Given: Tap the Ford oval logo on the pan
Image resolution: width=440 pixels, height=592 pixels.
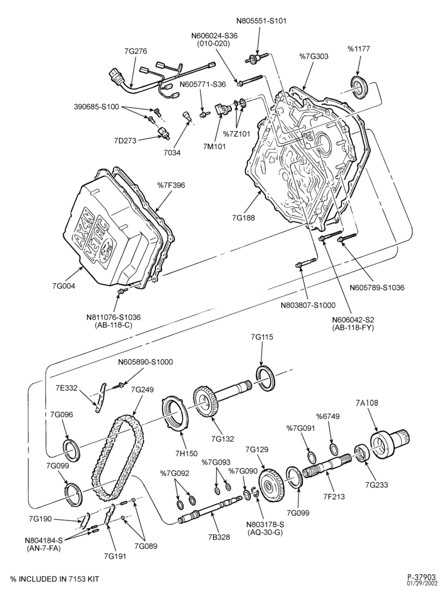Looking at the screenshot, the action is point(108,249).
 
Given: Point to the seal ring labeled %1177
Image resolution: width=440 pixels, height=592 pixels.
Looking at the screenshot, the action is point(360,87).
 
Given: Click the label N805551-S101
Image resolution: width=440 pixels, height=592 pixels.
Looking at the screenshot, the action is point(261,21).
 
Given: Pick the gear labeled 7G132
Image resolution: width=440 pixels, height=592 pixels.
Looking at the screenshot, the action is point(206,404).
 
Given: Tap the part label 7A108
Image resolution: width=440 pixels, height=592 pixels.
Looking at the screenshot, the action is point(367,403).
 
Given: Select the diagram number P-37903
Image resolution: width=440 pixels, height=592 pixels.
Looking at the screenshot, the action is point(422,576).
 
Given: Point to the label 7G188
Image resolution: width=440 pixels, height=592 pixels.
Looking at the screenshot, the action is point(244,218).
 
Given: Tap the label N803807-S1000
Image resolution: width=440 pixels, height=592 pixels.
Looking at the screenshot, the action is point(308,305).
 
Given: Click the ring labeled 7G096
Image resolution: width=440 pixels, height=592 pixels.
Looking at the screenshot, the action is point(71,450).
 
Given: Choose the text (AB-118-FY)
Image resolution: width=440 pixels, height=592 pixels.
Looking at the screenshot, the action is point(353,328).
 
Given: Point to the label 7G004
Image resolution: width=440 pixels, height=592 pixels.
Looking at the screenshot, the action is point(64,286).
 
